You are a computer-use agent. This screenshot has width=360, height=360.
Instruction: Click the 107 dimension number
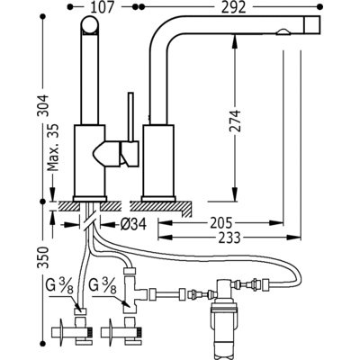[x=103, y=7]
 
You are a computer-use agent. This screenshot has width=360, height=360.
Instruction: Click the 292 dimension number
[x=234, y=7]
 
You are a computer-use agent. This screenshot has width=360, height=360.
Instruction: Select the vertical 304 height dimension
[x=44, y=105]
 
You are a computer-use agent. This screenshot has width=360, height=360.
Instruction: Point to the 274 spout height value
[x=235, y=121]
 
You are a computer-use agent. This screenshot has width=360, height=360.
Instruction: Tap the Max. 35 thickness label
[x=53, y=147]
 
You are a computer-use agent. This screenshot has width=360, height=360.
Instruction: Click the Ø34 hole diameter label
[x=133, y=223]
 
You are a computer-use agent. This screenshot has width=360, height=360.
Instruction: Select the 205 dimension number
[x=220, y=222]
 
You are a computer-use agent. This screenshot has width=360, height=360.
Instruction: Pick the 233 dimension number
[x=229, y=238]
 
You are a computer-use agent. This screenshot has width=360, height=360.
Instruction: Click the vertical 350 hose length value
[x=44, y=257]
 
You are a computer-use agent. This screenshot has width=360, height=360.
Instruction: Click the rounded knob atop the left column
[x=89, y=25]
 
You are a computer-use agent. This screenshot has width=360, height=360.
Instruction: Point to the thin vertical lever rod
[x=130, y=117]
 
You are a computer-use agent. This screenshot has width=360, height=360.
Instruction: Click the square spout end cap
[x=312, y=24]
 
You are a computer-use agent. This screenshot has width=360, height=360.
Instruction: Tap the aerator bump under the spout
[x=283, y=32]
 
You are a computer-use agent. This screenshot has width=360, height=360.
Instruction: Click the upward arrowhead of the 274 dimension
[x=235, y=40]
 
